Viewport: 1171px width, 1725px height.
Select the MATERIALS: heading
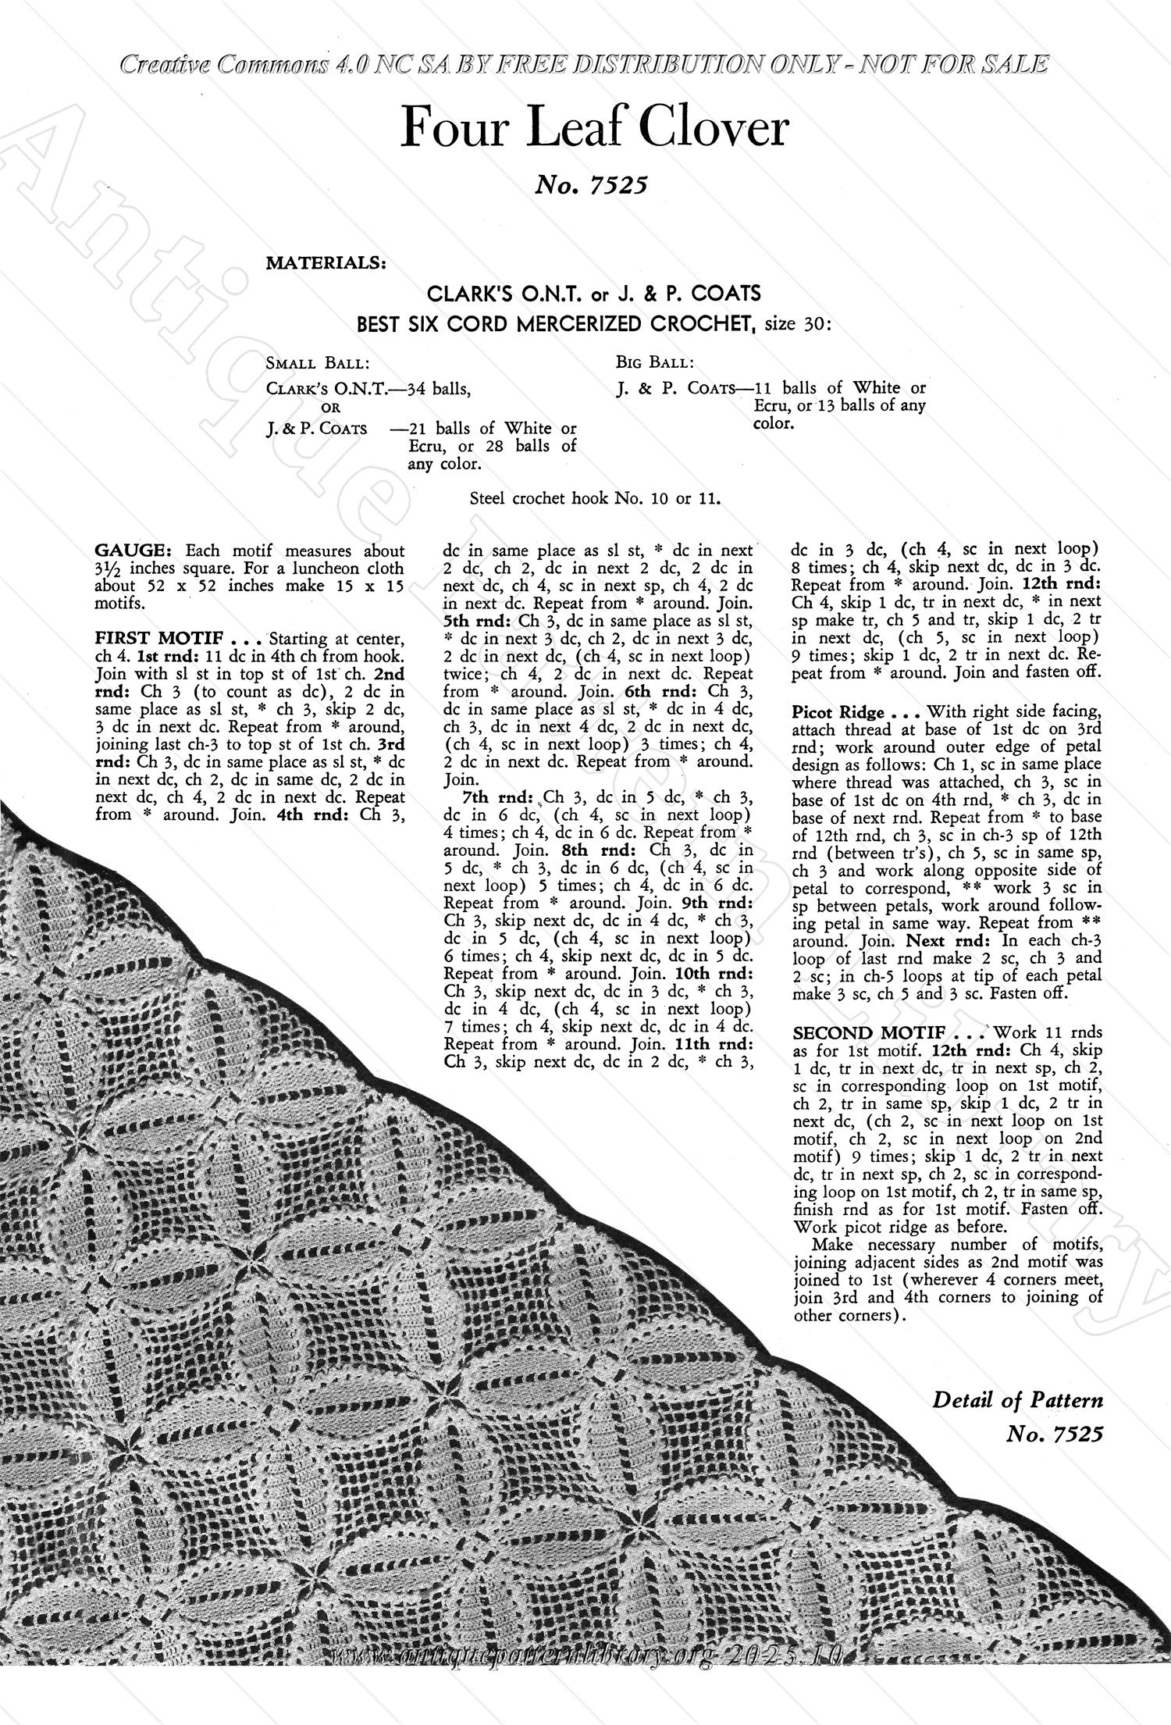(326, 263)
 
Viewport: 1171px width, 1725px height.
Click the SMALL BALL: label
(318, 363)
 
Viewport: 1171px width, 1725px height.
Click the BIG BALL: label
(654, 362)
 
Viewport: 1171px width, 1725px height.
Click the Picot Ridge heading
(838, 712)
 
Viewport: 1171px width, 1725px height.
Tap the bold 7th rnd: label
(496, 797)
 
